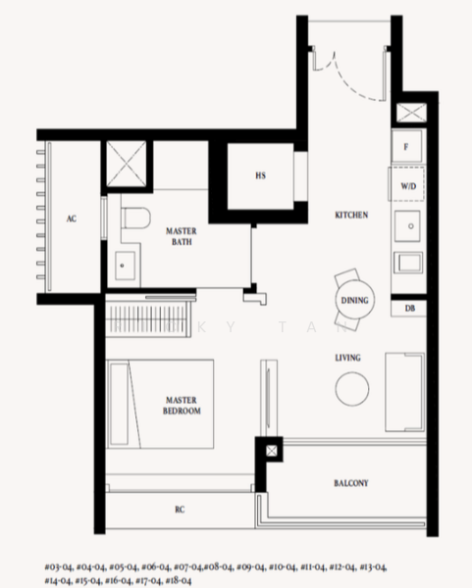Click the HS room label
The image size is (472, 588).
[x=260, y=176]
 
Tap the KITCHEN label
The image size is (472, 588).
[x=351, y=215]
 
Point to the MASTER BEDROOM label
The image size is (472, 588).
[x=182, y=405]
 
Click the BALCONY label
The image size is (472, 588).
[x=349, y=483]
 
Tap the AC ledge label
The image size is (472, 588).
[x=71, y=220]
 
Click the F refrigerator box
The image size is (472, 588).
[x=406, y=146]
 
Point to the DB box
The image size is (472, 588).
[x=407, y=309]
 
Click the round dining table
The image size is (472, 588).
[x=354, y=302]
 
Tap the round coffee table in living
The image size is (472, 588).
[x=353, y=389]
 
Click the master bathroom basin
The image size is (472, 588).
[x=126, y=262]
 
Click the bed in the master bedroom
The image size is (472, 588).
[x=160, y=402]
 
